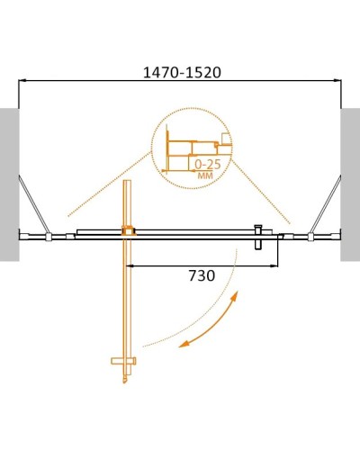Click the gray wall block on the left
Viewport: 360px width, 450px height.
(x=9, y=184)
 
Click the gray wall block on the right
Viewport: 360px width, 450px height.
(x=350, y=184)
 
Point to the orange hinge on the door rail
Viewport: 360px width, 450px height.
(x=128, y=232)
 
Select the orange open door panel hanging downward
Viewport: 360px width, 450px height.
(x=128, y=297)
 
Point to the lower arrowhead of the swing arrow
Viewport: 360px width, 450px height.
(x=181, y=345)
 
